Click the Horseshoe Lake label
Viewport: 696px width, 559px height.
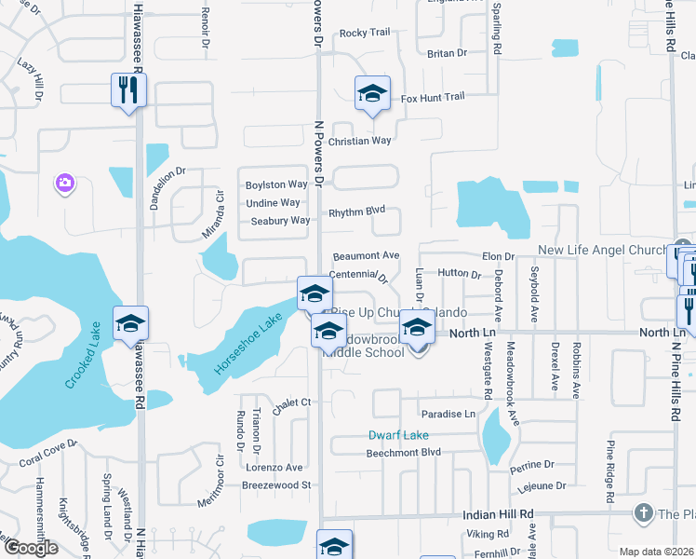pos(250,343)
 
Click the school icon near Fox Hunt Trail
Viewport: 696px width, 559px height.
pos(372,93)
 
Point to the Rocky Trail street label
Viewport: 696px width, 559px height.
pos(365,33)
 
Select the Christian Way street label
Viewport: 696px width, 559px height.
pos(360,141)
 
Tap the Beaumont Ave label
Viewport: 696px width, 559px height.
pos(367,255)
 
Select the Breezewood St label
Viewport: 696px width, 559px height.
pos(275,485)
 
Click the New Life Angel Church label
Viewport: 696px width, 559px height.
pos(602,251)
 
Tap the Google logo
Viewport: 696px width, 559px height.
pos(31,548)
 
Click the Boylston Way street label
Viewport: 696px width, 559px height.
pos(276,184)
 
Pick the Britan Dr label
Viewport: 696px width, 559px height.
pos(439,54)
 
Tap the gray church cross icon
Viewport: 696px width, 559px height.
pos(643,513)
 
